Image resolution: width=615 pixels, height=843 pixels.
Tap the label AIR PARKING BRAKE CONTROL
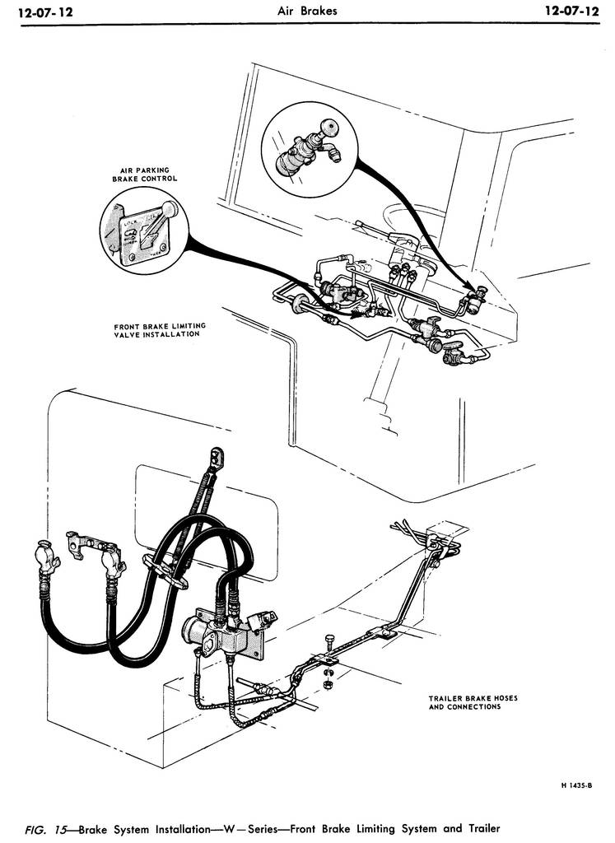[145, 175]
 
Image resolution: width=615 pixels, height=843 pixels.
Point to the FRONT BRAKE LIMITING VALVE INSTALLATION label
[160, 330]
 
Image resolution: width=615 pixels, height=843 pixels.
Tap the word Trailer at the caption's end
[478, 828]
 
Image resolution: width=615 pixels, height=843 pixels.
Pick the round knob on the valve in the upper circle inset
[329, 128]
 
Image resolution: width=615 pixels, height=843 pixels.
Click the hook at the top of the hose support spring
[217, 454]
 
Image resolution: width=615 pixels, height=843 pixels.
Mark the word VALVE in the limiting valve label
[128, 334]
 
